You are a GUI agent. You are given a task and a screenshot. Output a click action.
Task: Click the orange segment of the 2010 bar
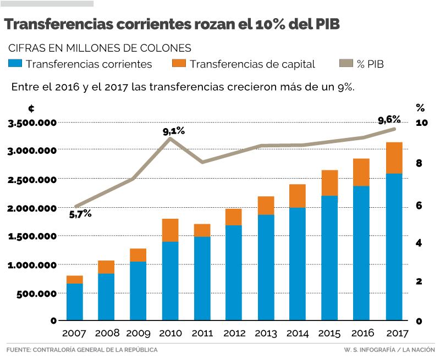point(170,230)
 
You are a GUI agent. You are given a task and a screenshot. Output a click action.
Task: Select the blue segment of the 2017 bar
point(394,247)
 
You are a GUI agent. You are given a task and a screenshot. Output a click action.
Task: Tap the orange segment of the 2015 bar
point(329,183)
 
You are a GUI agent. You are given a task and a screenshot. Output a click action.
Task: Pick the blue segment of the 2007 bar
point(74,302)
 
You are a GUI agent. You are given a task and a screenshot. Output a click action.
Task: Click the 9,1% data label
point(174,131)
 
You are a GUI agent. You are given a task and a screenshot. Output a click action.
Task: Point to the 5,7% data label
point(80,214)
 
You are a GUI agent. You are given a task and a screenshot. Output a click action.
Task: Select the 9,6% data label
point(389,120)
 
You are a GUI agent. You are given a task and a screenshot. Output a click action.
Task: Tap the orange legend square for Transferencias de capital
point(179,64)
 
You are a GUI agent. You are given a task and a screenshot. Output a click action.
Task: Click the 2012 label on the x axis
point(234,334)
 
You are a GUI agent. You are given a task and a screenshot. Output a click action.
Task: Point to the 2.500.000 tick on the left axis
point(32,179)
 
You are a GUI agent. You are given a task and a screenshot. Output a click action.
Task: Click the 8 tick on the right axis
point(419,163)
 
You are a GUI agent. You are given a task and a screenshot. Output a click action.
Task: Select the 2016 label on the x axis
point(362,334)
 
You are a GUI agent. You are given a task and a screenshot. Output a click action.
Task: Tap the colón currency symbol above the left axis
point(31,109)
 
